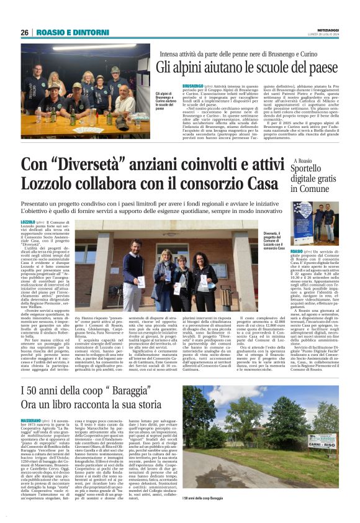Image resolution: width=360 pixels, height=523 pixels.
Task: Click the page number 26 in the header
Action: pos(24,32)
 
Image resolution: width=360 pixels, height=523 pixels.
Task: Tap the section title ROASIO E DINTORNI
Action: pos(65,32)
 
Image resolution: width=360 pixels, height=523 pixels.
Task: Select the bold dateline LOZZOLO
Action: pos(28,222)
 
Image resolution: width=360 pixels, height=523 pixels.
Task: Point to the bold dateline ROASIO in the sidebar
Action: pos(298,251)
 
